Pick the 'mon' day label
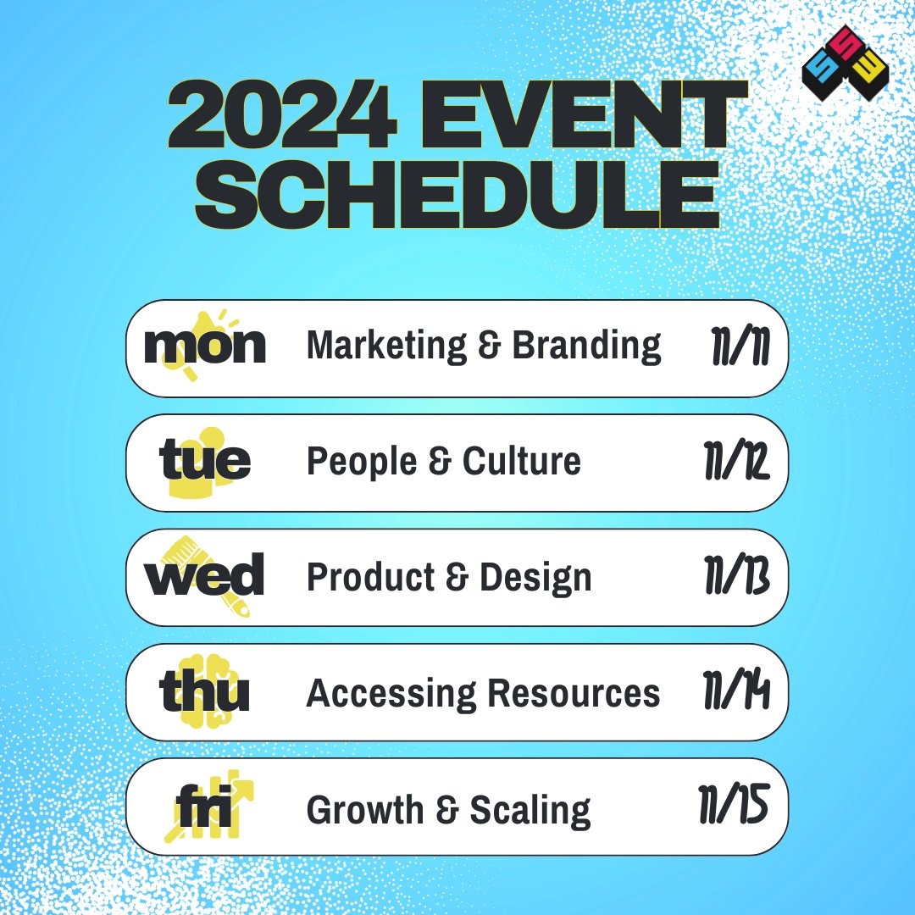(205, 346)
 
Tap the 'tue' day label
(205, 462)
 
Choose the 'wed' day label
(204, 577)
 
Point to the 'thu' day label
(204, 693)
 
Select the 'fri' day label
(204, 809)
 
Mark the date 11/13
(735, 579)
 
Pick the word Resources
(573, 694)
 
